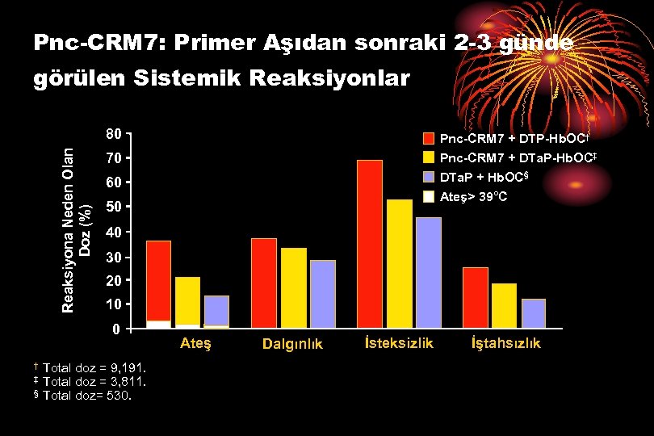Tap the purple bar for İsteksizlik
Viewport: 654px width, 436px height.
[x=428, y=273]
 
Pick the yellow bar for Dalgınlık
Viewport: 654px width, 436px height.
[x=294, y=287]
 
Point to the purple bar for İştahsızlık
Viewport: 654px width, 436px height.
[x=533, y=313]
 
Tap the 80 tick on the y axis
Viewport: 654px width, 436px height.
[x=115, y=134]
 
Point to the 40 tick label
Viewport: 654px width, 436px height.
[x=115, y=233]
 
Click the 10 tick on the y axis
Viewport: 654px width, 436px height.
[x=115, y=304]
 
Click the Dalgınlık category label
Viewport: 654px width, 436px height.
[x=292, y=345]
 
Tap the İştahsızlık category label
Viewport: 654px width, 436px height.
[x=506, y=344]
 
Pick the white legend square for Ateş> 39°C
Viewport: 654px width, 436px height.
[x=429, y=197]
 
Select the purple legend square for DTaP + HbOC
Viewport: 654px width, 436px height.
[x=429, y=177]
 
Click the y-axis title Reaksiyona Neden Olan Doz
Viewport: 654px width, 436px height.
[x=77, y=218]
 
